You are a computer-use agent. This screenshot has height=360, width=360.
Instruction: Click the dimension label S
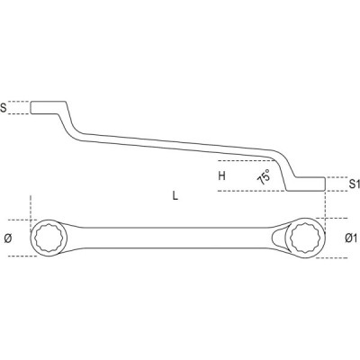tap(4, 108)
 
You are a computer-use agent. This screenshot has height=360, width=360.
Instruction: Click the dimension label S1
tap(355, 184)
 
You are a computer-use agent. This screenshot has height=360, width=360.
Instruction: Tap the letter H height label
tap(221, 175)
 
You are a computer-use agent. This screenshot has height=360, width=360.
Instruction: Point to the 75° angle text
tap(264, 177)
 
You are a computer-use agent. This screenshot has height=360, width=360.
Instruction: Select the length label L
tap(175, 196)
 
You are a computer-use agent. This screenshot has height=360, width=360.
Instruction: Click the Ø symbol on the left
tap(8, 238)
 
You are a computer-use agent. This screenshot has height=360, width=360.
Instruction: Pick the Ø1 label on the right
tap(351, 238)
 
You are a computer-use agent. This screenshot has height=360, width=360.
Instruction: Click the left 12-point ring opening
tap(48, 238)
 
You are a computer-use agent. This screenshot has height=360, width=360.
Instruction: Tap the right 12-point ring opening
tap(304, 239)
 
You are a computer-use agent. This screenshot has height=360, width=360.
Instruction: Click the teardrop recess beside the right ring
tap(278, 239)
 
